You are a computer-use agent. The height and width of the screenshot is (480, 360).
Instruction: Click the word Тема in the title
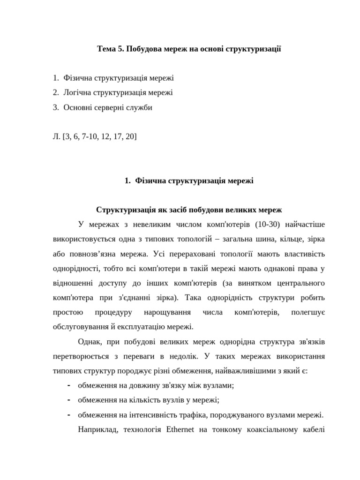(x=106, y=49)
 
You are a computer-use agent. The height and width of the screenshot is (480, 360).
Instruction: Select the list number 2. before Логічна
(x=56, y=93)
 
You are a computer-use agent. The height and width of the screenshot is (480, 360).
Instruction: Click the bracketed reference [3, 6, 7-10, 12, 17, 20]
(x=100, y=136)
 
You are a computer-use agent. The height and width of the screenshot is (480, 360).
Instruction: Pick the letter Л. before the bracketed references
(x=57, y=136)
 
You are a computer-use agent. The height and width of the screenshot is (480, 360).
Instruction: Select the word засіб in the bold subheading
(x=175, y=210)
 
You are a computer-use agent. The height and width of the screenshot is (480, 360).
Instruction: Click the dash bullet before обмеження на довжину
(x=69, y=386)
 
